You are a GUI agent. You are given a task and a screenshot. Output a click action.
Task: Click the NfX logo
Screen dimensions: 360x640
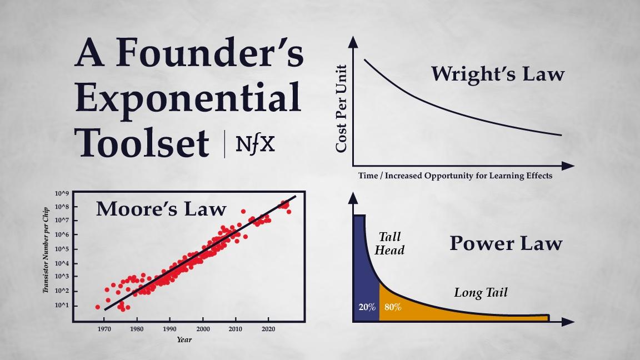(x=255, y=144)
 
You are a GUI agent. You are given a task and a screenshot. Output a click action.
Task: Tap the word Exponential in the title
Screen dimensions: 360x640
(x=188, y=98)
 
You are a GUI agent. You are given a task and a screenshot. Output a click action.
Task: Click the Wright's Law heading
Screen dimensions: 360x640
(x=497, y=74)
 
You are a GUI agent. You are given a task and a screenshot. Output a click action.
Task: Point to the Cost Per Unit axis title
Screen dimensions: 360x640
(x=341, y=108)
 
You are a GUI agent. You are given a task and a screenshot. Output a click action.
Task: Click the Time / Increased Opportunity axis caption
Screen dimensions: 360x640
(x=456, y=176)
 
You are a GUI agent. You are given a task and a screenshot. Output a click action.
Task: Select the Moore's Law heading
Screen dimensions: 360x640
(x=161, y=208)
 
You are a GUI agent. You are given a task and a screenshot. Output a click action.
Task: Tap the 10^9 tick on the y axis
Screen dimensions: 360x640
(x=62, y=193)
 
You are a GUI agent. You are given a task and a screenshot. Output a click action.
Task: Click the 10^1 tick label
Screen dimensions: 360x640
(x=62, y=306)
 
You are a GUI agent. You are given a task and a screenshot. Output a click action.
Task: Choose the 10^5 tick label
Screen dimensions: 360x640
(x=62, y=249)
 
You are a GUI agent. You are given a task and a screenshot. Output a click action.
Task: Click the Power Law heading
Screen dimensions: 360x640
(x=506, y=243)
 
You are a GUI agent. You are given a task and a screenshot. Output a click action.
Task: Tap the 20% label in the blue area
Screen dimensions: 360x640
(x=367, y=307)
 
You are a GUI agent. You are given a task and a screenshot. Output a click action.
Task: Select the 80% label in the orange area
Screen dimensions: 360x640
(x=392, y=307)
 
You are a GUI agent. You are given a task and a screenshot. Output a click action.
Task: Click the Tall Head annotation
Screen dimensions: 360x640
(x=389, y=244)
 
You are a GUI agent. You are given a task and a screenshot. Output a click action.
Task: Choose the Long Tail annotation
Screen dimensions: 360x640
(x=481, y=292)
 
